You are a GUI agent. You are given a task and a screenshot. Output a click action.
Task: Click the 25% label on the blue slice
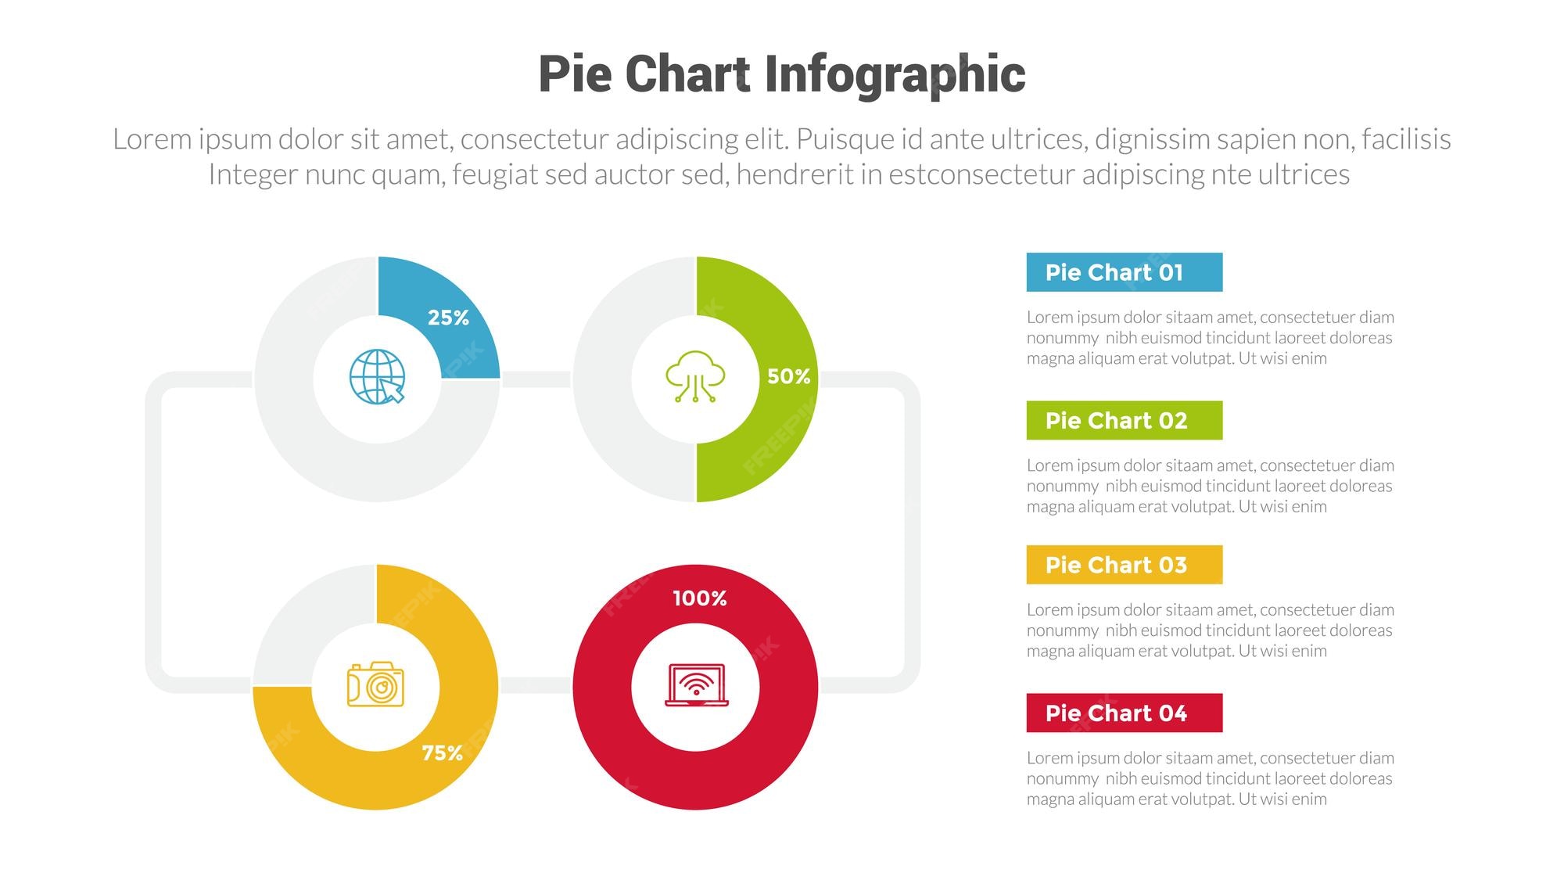[x=448, y=318]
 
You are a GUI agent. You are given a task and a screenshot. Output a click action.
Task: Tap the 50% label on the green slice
[x=788, y=376]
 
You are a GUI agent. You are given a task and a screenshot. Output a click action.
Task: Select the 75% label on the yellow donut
[x=442, y=752]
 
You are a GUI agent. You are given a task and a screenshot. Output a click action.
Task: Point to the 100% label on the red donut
[x=700, y=598]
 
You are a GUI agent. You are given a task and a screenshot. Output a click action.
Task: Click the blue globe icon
[x=377, y=377]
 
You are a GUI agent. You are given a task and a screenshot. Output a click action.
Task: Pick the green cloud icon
[x=695, y=377]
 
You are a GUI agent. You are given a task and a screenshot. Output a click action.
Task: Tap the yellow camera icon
[x=375, y=685]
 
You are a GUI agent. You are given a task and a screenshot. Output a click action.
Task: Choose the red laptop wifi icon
[x=696, y=685]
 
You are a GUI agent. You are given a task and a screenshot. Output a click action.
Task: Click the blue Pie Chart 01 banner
[x=1124, y=272]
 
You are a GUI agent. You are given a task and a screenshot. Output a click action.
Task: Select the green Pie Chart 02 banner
[x=1124, y=421]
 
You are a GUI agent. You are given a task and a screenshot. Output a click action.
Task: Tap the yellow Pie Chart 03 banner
[x=1124, y=565]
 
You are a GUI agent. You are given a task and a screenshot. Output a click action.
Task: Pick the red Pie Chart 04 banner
[x=1124, y=713]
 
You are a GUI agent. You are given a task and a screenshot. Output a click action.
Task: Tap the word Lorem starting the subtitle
[x=152, y=139]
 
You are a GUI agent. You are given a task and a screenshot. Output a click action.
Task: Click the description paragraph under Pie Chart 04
[x=1210, y=778]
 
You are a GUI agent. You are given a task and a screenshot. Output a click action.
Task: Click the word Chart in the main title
[x=687, y=75]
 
